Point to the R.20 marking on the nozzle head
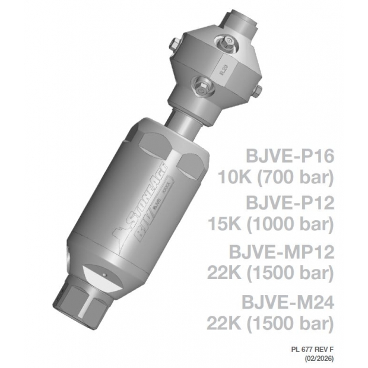coord(222,70)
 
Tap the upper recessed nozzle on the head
coord(225,41)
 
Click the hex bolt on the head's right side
coord(257,90)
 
